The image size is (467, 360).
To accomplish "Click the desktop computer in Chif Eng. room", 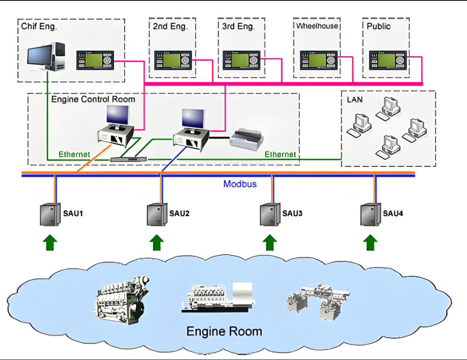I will pyautogui.click(x=46, y=57).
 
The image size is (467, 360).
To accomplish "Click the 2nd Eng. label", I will pyautogui.click(x=170, y=27).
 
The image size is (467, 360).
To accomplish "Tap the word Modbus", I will pyautogui.click(x=240, y=184).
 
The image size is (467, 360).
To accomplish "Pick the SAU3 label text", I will pyautogui.click(x=292, y=214).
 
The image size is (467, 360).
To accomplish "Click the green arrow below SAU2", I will pyautogui.click(x=158, y=242).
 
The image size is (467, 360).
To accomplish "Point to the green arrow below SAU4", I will pyautogui.click(x=370, y=242).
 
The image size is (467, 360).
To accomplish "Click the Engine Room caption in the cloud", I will pyautogui.click(x=224, y=331).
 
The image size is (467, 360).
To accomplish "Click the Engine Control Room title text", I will pyautogui.click(x=93, y=99).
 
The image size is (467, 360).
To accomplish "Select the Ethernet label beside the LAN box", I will pyautogui.click(x=280, y=154).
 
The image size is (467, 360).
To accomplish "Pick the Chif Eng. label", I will pyautogui.click(x=39, y=27).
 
